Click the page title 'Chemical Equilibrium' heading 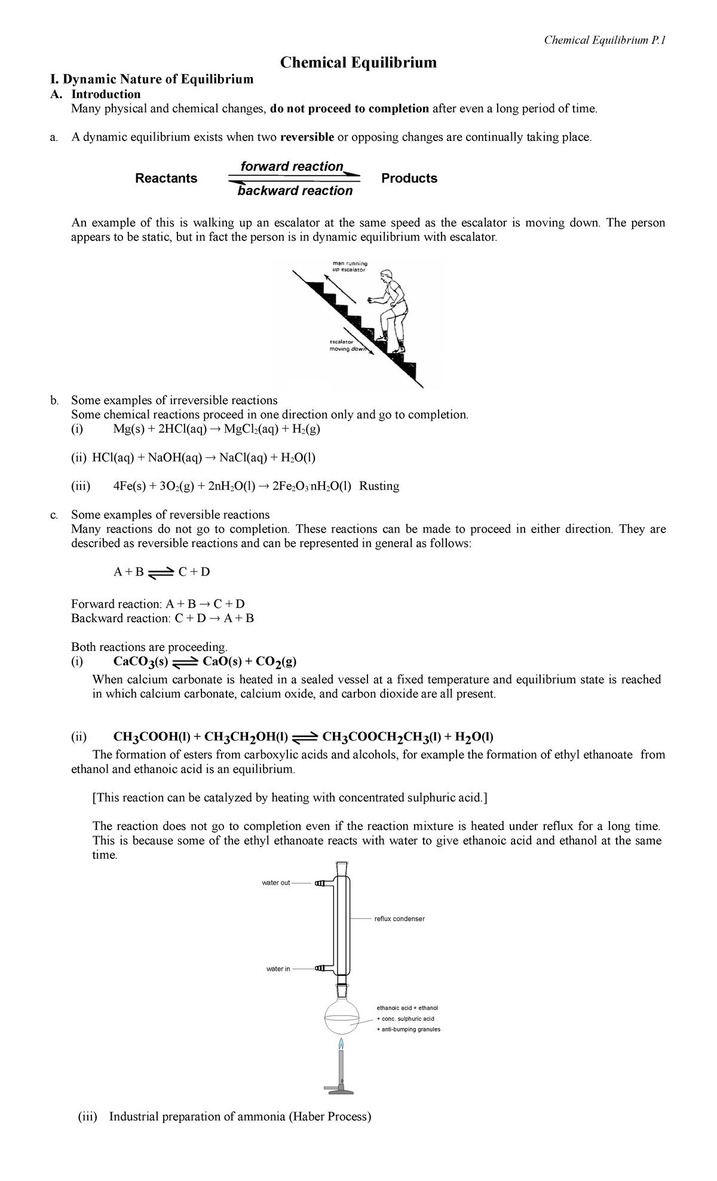[358, 62]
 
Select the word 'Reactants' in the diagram [166, 178]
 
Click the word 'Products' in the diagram [409, 178]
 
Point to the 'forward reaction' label [292, 166]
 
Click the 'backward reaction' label [295, 191]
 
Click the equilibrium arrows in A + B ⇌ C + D [161, 573]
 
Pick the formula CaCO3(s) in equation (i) [142, 662]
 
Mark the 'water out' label [276, 883]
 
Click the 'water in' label [278, 969]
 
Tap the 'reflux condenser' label [399, 919]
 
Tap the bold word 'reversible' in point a [307, 137]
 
